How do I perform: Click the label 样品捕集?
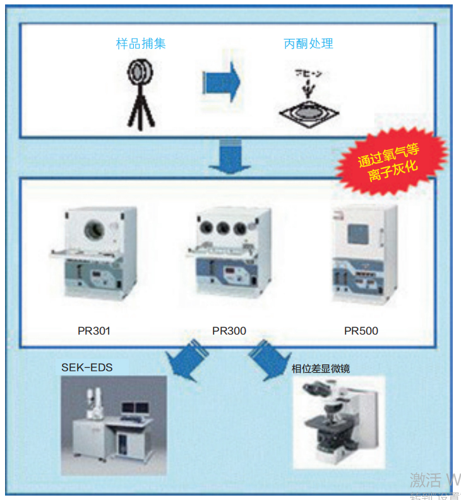[141, 44]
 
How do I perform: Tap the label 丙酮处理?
[308, 44]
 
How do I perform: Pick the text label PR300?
[229, 330]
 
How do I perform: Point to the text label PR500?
[361, 330]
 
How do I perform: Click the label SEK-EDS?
[87, 367]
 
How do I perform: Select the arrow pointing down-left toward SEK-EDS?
[186, 361]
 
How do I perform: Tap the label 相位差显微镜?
[320, 368]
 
